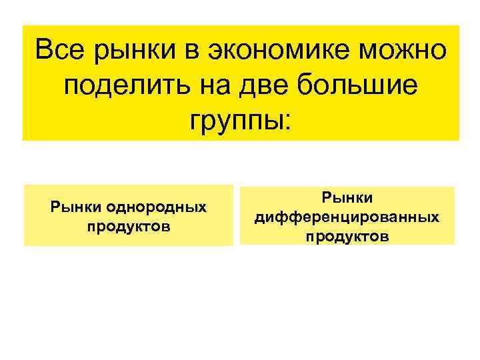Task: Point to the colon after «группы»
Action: [x=287, y=121]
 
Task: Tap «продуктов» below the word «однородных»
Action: [x=129, y=226]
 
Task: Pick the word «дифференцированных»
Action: [x=347, y=217]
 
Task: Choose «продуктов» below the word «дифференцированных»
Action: [x=347, y=236]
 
